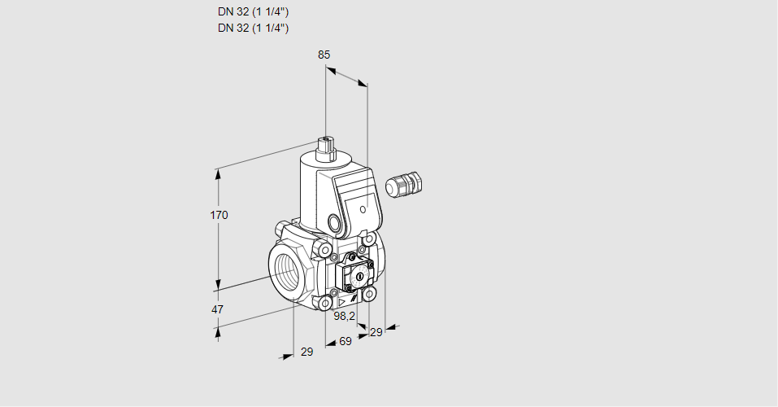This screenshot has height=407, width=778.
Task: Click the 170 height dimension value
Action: click(219, 215)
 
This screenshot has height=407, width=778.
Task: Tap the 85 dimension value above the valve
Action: click(324, 55)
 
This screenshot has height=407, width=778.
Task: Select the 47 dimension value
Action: click(217, 309)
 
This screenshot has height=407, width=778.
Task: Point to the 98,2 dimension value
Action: click(345, 316)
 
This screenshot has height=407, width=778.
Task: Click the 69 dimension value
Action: click(346, 341)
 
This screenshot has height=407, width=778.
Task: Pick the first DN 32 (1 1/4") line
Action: click(253, 12)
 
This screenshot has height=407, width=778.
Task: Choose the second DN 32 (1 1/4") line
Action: click(253, 28)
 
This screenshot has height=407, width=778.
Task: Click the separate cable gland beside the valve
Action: click(404, 184)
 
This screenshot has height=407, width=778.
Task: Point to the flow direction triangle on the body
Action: click(342, 302)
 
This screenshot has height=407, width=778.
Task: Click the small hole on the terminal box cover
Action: click(363, 209)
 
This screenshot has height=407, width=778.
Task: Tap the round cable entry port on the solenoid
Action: click(336, 221)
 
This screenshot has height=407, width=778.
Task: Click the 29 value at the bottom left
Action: click(307, 352)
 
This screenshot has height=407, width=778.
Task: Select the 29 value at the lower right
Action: click(376, 332)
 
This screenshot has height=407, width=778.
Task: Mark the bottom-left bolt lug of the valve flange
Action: click(325, 303)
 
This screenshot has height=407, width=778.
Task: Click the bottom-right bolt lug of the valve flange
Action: click(368, 295)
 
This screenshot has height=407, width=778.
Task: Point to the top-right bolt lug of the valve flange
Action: click(368, 239)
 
